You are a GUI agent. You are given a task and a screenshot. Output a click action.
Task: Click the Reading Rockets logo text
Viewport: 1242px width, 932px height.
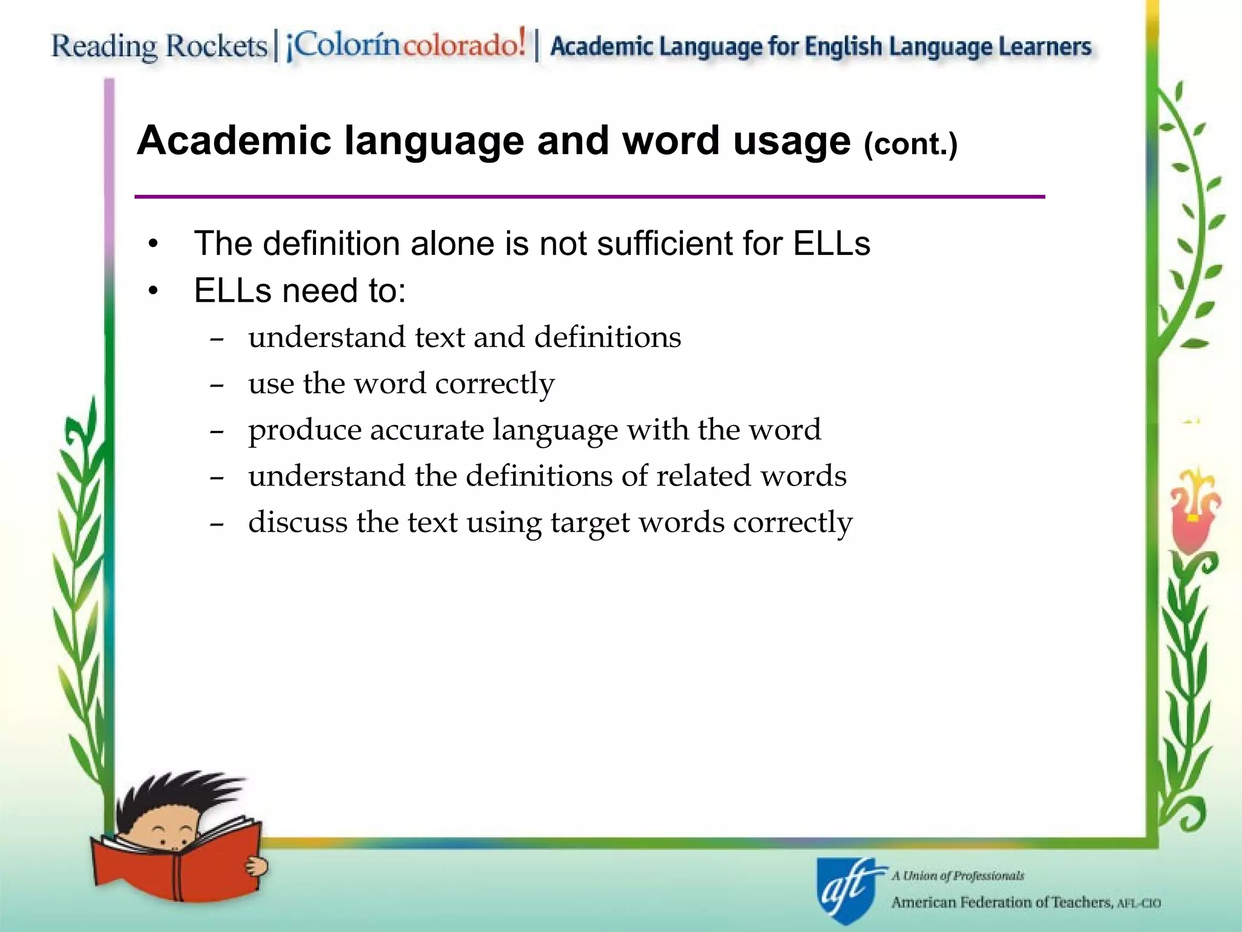(159, 47)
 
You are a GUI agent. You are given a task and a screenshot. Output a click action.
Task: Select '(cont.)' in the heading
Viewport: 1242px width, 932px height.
(910, 144)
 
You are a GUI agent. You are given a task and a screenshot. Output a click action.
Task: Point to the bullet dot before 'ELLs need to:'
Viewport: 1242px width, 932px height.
(153, 291)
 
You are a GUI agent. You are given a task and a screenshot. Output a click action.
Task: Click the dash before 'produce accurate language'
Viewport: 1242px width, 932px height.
(217, 431)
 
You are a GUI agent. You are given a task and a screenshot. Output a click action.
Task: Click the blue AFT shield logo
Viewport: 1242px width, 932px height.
(846, 890)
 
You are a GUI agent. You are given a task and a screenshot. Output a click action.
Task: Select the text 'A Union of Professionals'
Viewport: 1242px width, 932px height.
(958, 876)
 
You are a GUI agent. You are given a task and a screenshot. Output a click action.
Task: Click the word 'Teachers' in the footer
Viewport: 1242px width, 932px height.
(1081, 903)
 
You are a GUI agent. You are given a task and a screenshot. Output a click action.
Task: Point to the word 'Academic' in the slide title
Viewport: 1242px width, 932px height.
(234, 141)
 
